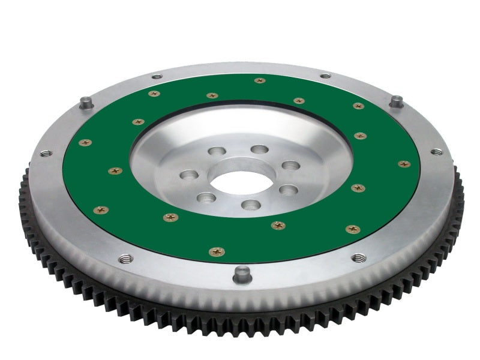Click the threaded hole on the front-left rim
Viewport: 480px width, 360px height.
pos(126,259)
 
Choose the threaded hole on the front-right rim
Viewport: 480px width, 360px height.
pos(359,258)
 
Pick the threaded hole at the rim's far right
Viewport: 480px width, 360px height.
pos(437,152)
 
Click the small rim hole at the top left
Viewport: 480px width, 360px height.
pos(157,76)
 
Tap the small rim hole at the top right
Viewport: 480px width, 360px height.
pos(325,76)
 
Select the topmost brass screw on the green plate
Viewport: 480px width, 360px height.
pos(260,80)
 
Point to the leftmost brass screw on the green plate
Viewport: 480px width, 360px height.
pos(86,143)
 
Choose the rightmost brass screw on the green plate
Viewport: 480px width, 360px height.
pos(404,163)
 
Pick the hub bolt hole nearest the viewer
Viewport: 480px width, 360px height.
pos(251,206)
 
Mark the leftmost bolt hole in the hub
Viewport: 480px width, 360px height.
pos(190,176)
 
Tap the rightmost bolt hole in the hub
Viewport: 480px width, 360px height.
pos(291,165)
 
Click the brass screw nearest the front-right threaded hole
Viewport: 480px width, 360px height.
pos(353,229)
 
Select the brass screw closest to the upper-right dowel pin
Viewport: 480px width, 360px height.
pos(358,106)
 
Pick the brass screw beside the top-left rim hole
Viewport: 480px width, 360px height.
pos(154,94)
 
